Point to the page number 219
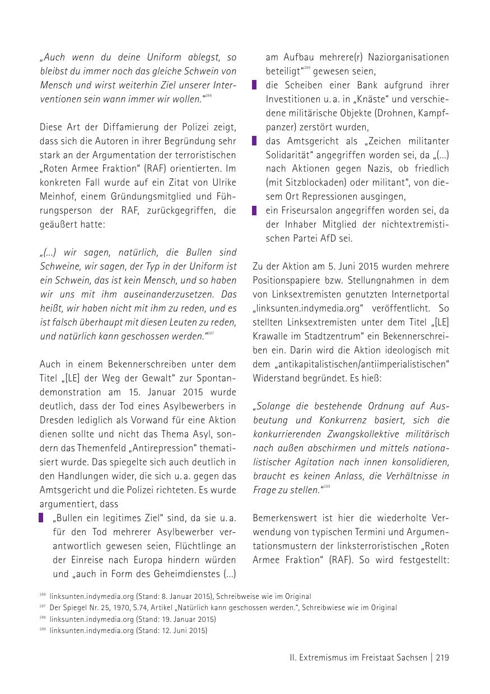pos(442,658)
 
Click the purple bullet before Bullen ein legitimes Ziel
pos(41,518)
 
